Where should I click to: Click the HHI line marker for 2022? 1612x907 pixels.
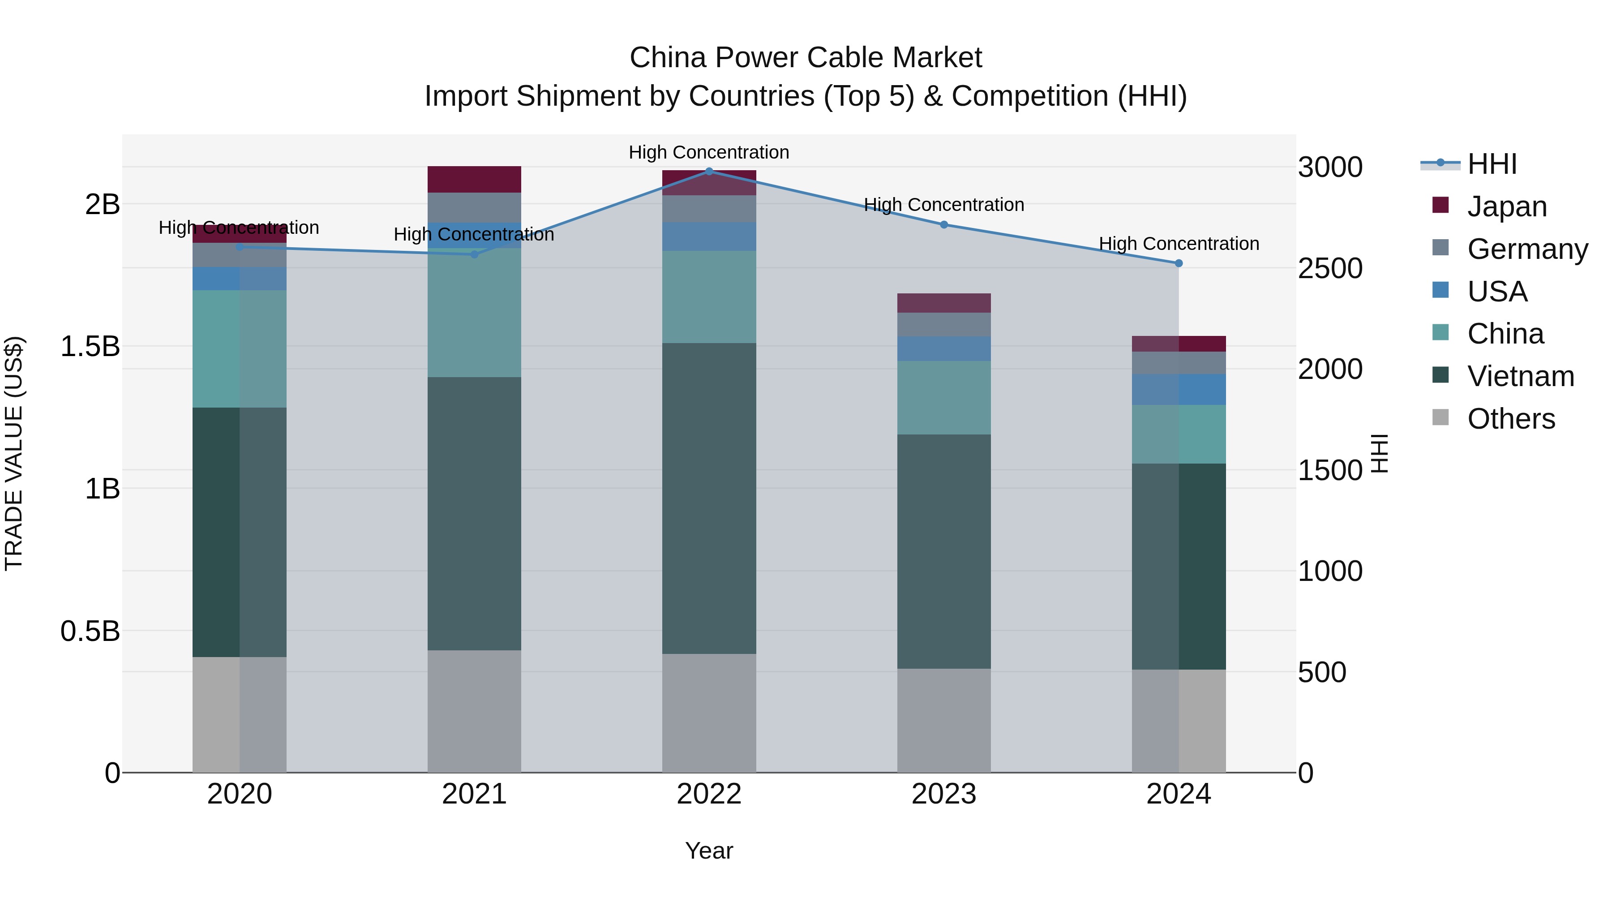pyautogui.click(x=709, y=171)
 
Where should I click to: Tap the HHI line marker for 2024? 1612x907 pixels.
pyautogui.click(x=1179, y=263)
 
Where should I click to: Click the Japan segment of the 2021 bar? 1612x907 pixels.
pyautogui.click(x=474, y=180)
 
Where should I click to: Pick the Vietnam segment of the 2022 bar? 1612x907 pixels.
pyautogui.click(x=709, y=498)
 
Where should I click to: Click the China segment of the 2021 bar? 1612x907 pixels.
pyautogui.click(x=474, y=313)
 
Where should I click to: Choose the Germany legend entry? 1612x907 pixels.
pyautogui.click(x=1527, y=249)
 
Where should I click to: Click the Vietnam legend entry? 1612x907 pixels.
pyautogui.click(x=1520, y=376)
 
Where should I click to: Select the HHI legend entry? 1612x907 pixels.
pyautogui.click(x=1492, y=164)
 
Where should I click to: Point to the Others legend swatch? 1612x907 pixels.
pyautogui.click(x=1441, y=417)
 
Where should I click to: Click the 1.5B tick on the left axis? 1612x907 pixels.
pyautogui.click(x=90, y=346)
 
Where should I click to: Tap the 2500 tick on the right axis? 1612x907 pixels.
pyautogui.click(x=1330, y=268)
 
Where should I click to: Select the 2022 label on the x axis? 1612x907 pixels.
pyautogui.click(x=709, y=794)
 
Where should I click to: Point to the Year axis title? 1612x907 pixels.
pyautogui.click(x=709, y=851)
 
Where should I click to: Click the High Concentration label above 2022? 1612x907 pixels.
pyautogui.click(x=709, y=152)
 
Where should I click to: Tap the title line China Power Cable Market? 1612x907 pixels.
pyautogui.click(x=806, y=58)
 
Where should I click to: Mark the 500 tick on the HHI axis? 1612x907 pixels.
pyautogui.click(x=1322, y=672)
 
